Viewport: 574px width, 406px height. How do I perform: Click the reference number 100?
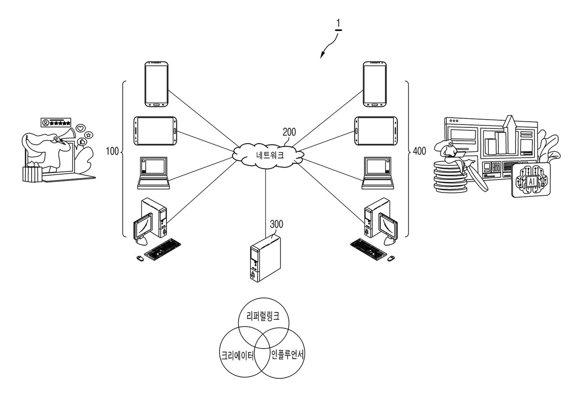point(112,151)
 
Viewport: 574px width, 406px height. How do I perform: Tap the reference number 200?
point(289,132)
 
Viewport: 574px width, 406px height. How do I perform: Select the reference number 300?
point(276,224)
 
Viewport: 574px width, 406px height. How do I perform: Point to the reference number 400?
point(419,151)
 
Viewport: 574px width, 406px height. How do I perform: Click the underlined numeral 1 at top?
point(338,25)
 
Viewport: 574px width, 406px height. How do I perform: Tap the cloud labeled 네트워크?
point(268,156)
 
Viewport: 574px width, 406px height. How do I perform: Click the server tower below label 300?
point(265,259)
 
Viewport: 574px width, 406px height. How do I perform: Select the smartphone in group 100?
point(156,84)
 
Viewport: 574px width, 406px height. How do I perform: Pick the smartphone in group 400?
point(375,84)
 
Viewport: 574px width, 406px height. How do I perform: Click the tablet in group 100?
point(155,131)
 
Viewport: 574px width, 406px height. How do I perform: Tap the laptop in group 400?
point(378,173)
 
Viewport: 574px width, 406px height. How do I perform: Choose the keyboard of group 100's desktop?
point(163,249)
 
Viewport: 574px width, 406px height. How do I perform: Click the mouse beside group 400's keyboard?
point(390,258)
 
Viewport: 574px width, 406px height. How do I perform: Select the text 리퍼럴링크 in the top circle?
point(263,316)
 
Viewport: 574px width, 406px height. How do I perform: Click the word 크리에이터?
point(238,355)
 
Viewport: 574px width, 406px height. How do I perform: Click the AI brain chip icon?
point(531,180)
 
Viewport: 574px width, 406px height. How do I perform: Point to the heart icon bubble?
point(81,128)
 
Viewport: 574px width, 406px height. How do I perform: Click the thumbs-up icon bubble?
point(82,141)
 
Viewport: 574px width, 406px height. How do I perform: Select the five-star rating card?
point(56,123)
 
